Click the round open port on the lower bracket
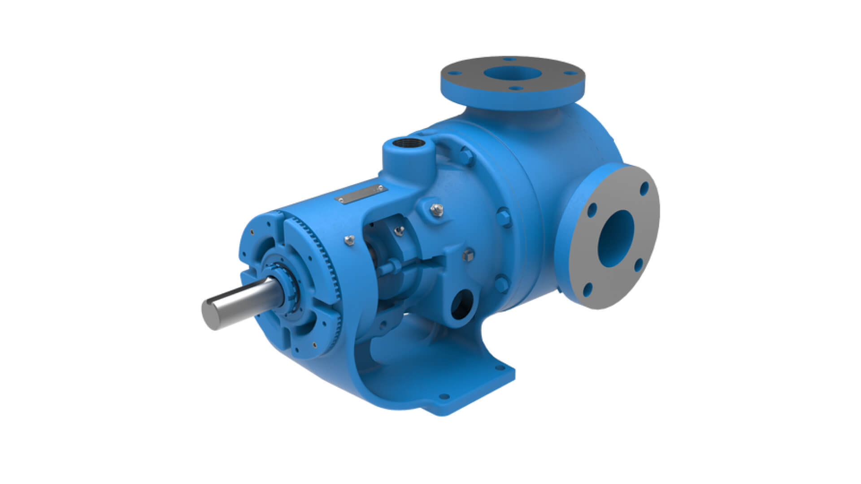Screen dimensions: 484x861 [462, 304]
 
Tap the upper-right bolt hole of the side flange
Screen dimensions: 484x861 [644, 188]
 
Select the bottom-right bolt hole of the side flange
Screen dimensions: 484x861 [639, 265]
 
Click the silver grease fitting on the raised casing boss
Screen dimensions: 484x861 [436, 209]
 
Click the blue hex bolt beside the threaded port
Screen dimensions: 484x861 [465, 157]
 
